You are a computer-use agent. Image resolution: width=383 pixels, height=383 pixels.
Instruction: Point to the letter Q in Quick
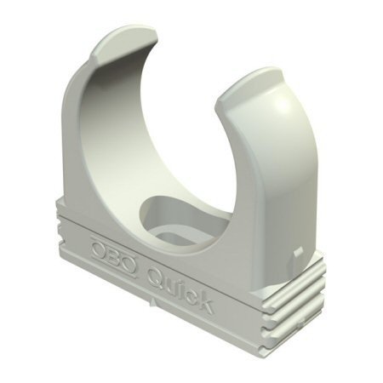click(157, 277)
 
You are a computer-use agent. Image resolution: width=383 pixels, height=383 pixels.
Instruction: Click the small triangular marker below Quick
click(153, 303)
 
